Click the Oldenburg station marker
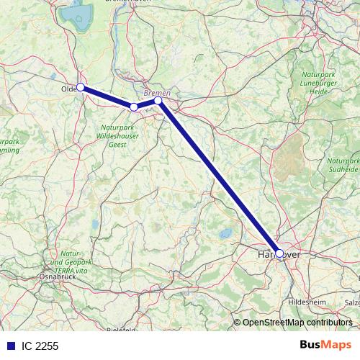coord(81,87)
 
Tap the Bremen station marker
coord(158,101)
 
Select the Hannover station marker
coord(279,253)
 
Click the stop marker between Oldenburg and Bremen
coord(134,107)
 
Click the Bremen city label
coord(156,93)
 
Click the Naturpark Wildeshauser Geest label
coord(115,136)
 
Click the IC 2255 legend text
coord(40,346)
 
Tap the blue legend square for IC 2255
coord(10,346)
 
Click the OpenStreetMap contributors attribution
coord(297,322)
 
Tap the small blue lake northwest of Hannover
coord(225,233)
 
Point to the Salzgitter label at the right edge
coord(352,303)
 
